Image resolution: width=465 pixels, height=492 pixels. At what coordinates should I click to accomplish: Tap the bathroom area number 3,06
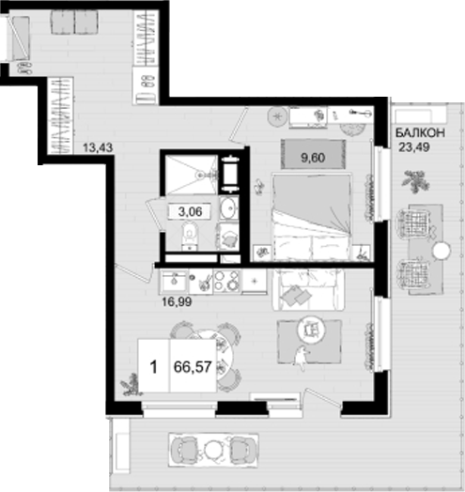(190, 211)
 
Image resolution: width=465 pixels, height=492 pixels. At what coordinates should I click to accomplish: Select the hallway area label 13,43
(98, 146)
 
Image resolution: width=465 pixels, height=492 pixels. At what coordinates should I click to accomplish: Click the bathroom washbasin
(227, 208)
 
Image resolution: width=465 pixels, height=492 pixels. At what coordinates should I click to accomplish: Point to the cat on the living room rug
(300, 355)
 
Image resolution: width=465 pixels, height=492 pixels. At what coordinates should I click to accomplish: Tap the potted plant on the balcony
(415, 178)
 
